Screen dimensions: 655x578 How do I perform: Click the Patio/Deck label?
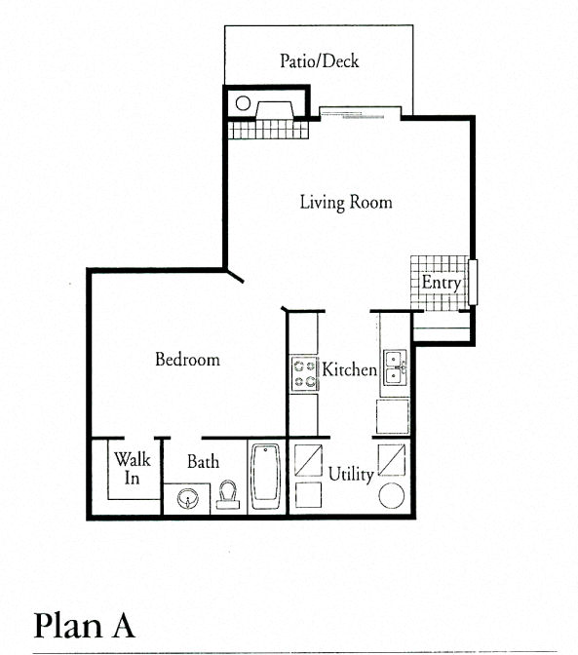pyautogui.click(x=319, y=61)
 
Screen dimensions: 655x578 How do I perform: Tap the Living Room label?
pyautogui.click(x=345, y=203)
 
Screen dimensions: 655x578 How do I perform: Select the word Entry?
pyautogui.click(x=441, y=283)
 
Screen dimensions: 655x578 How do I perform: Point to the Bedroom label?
pyautogui.click(x=187, y=360)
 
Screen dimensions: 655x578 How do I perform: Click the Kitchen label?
pyautogui.click(x=349, y=370)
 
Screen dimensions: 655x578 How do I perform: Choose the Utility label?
pyautogui.click(x=350, y=475)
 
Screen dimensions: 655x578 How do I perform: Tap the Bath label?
pyautogui.click(x=203, y=462)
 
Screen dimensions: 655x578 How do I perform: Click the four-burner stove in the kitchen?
pyautogui.click(x=303, y=372)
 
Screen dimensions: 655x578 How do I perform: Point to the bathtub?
pyautogui.click(x=266, y=478)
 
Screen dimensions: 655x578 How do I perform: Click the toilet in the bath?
pyautogui.click(x=228, y=495)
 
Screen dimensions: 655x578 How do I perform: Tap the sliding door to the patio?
pyautogui.click(x=359, y=110)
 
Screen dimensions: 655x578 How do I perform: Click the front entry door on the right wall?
pyautogui.click(x=474, y=283)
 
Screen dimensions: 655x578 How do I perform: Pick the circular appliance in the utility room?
pyautogui.click(x=392, y=494)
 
